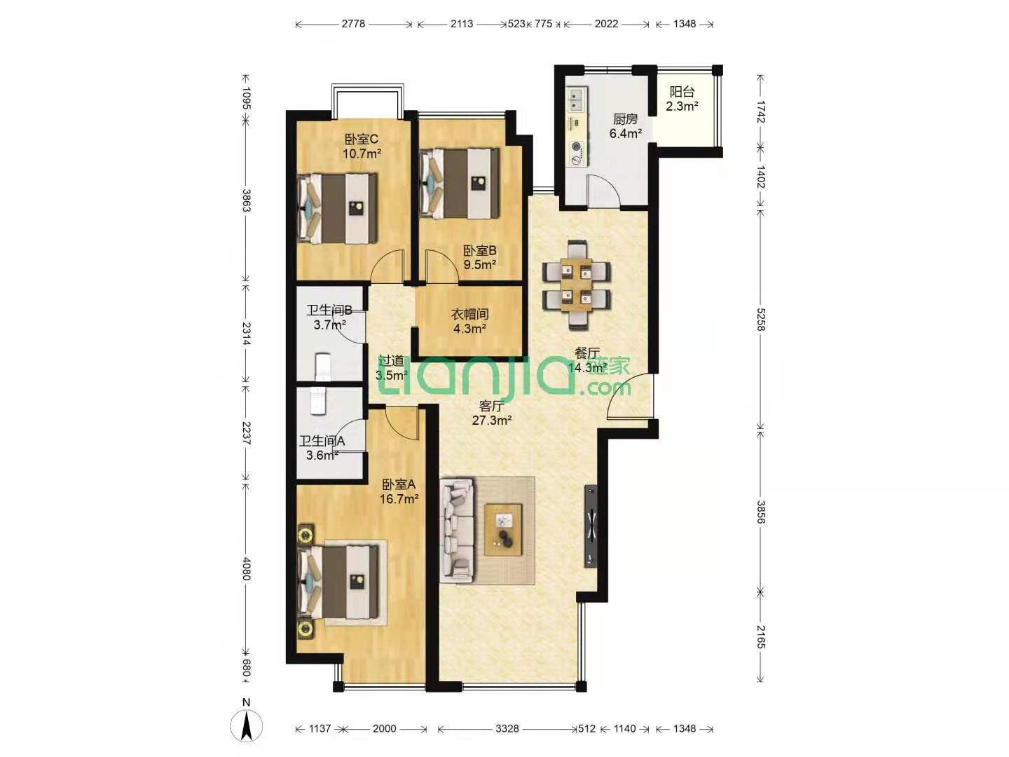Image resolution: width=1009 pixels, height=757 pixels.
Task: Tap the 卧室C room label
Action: pos(362,139)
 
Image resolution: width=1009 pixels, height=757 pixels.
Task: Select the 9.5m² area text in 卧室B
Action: pos(479,265)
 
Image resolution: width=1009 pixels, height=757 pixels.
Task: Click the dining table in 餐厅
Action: pos(577,285)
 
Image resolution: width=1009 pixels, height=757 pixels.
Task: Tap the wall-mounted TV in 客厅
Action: pos(591,526)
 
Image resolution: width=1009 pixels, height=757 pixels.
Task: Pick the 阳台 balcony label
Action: pos(682,91)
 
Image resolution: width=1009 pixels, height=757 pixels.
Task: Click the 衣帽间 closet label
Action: pos(469,315)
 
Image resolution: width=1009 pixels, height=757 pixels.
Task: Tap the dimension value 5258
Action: pos(762,320)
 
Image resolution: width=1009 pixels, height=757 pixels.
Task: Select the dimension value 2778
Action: pos(353,23)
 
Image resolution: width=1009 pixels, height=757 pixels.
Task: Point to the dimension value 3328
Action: pos(507,728)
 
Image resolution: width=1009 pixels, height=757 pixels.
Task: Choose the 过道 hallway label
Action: pos(391,361)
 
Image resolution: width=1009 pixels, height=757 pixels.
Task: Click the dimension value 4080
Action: pos(247,568)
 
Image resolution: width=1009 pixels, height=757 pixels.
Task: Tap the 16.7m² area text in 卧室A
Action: pos(399,498)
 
